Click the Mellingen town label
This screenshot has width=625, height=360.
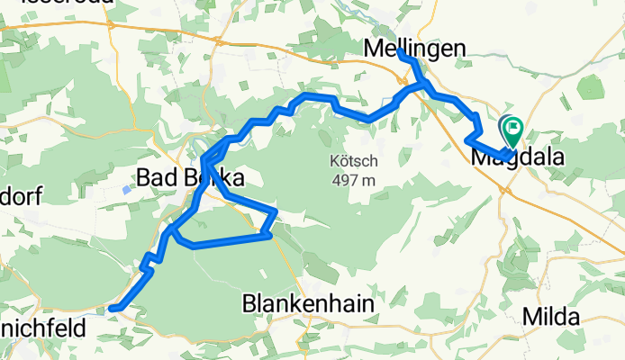[x=415, y=48]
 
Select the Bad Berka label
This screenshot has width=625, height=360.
[x=192, y=178]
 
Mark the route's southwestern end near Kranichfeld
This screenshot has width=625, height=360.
[x=112, y=309]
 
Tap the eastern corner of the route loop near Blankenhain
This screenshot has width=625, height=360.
[x=276, y=213]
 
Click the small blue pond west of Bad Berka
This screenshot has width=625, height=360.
[x=126, y=190]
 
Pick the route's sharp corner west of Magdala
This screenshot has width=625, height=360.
[x=466, y=139]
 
